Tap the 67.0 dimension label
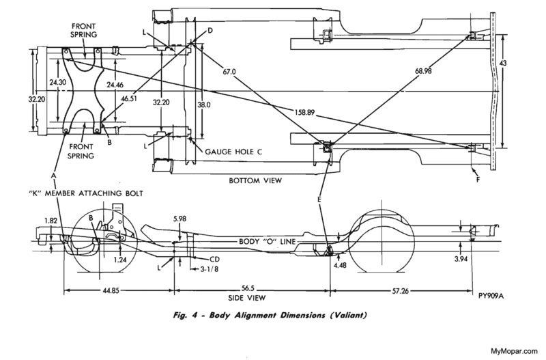point(229,72)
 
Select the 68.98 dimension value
point(423,71)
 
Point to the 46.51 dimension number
point(129,98)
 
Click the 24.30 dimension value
point(58,83)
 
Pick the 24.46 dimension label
point(115,85)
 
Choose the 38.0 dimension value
point(203,105)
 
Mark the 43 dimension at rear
point(503,63)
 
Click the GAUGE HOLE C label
point(233,152)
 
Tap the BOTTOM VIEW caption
point(255,180)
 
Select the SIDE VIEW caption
point(247,298)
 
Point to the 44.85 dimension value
point(111,290)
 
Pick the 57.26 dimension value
point(401,290)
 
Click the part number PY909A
point(491,296)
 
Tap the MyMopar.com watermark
point(516,351)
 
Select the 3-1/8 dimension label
point(210,269)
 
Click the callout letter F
point(478,180)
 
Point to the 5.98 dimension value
point(179,219)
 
